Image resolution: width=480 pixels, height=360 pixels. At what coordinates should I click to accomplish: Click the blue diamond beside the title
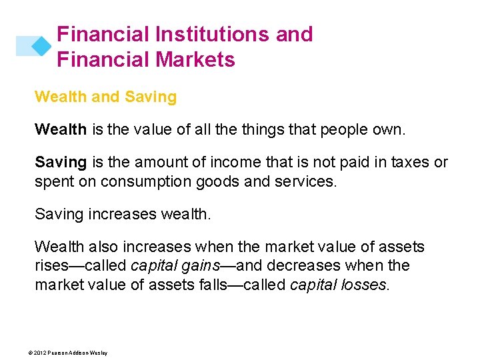tap(41, 45)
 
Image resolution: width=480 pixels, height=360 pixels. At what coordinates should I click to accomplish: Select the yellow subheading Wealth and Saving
tap(105, 97)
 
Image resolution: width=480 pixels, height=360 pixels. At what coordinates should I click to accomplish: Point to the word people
tap(345, 129)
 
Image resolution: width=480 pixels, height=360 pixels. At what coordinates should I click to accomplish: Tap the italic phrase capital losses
tap(338, 285)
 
